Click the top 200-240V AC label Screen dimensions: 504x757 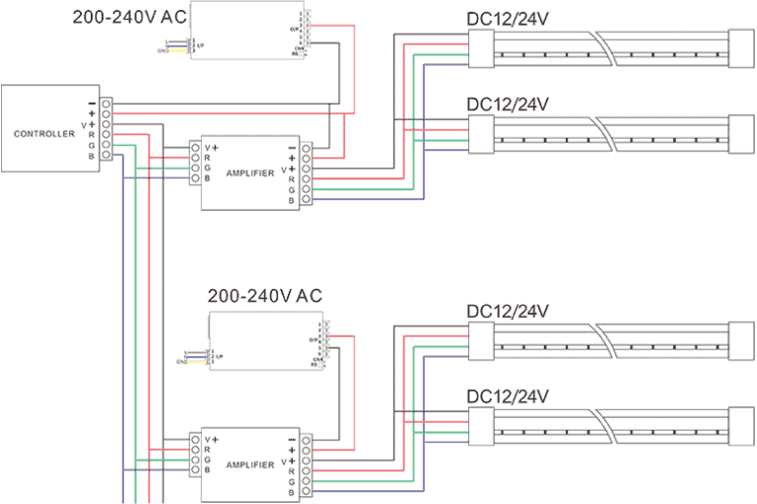coord(128,17)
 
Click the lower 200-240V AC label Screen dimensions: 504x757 coord(264,296)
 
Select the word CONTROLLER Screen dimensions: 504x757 coord(44,133)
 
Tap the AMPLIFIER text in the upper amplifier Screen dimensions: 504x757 coord(249,173)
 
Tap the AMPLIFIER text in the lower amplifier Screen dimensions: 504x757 coord(249,464)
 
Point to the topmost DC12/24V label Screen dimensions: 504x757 coord(508,19)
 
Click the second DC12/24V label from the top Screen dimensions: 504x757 coord(508,105)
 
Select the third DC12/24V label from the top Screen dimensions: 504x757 coord(508,312)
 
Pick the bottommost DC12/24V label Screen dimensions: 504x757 coord(508,396)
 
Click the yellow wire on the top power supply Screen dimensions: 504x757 coord(177,49)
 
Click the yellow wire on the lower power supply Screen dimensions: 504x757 coord(197,361)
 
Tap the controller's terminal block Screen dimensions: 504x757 coord(105,129)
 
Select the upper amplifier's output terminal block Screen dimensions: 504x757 coord(307,174)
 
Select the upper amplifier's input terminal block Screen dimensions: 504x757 coord(195,164)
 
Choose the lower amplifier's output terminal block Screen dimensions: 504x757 coord(307,465)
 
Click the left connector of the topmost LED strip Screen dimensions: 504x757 coord(481,48)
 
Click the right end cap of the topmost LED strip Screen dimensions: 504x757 coord(741,48)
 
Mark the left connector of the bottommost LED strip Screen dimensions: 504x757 coord(481,427)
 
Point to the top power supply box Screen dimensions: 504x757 coord(246,30)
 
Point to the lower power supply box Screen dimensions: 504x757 coord(266,341)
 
